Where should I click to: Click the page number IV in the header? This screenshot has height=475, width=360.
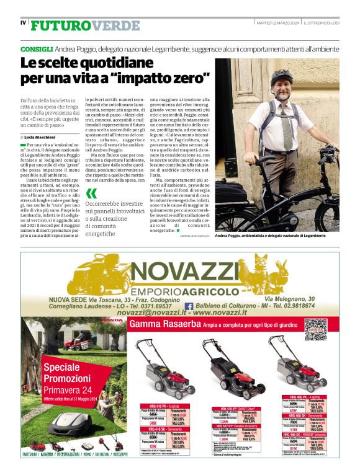point(23,23)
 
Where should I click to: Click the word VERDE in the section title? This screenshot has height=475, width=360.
point(115,25)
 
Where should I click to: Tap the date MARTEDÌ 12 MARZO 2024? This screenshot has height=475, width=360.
point(277,23)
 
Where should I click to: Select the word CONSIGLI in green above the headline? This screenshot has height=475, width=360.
point(36,48)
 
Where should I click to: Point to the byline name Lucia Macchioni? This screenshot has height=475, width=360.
point(42,136)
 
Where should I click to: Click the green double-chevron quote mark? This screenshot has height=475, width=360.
point(91,193)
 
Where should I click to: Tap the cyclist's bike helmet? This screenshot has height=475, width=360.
point(281,78)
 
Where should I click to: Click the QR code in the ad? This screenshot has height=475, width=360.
point(315,329)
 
